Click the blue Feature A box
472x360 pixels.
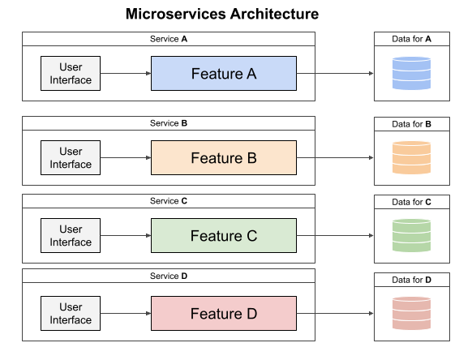(224, 74)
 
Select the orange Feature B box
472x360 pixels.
(224, 157)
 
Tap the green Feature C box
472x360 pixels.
(224, 236)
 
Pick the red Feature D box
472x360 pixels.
(224, 314)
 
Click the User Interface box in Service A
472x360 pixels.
(71, 74)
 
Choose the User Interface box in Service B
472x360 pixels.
(71, 157)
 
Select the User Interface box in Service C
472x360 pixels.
(71, 236)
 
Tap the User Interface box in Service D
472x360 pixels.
(71, 314)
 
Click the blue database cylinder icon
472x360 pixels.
(411, 73)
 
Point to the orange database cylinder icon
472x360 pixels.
(411, 157)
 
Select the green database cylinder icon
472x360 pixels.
(411, 236)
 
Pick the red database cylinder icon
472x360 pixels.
(411, 314)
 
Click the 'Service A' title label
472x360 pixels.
(169, 39)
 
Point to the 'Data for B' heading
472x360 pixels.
(411, 124)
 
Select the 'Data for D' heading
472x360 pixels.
(411, 280)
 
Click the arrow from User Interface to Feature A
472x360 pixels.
(127, 74)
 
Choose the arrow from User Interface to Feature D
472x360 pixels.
(127, 314)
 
